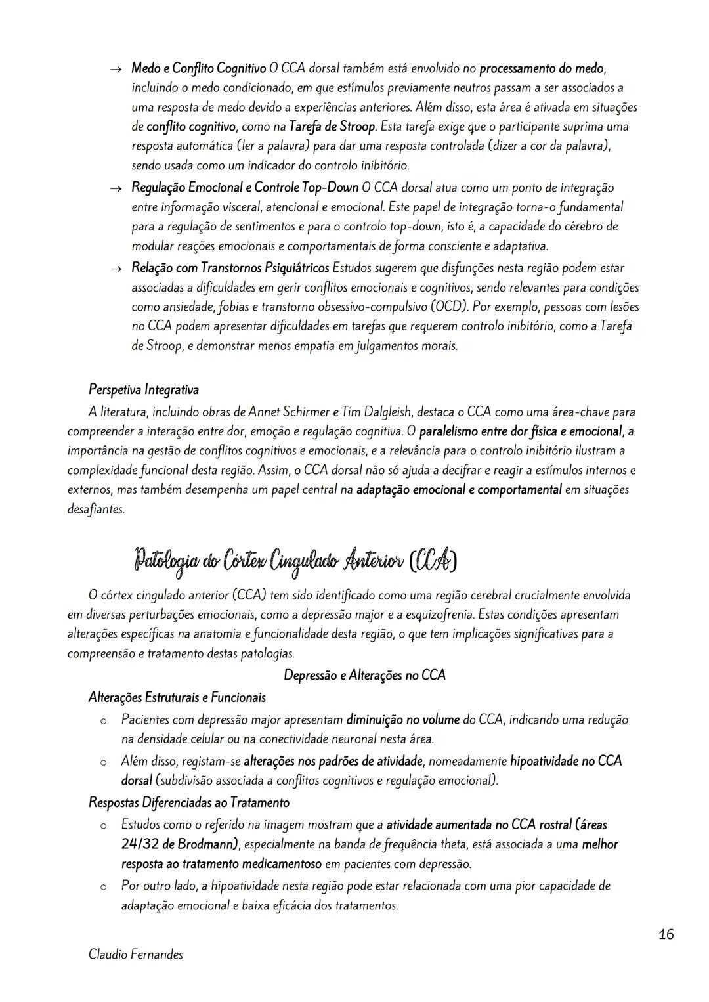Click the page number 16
(x=666, y=934)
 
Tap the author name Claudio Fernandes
(x=136, y=955)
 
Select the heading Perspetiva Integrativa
(x=144, y=389)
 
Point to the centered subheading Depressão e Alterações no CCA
(x=364, y=675)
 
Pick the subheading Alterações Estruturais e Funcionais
(x=177, y=697)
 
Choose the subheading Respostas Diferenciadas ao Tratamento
(x=189, y=802)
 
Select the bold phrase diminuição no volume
(x=403, y=720)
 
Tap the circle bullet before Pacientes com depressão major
(x=103, y=721)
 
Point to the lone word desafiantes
(x=96, y=509)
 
